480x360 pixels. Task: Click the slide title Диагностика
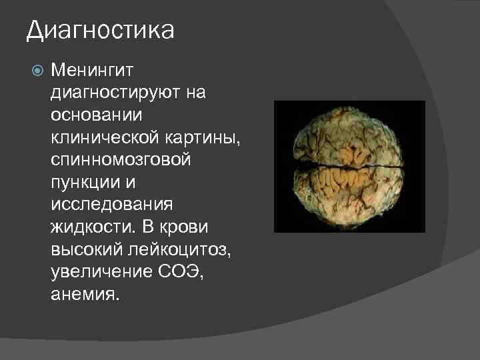[x=100, y=31]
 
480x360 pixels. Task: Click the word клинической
[x=101, y=137]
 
